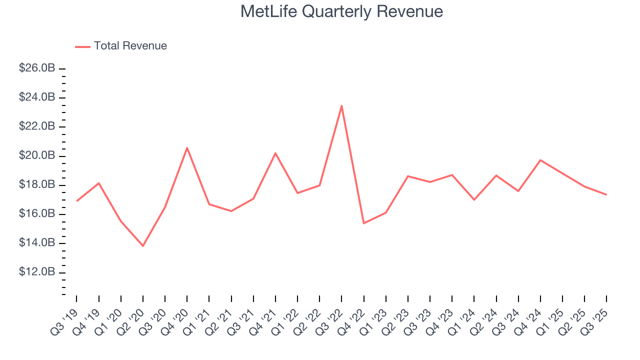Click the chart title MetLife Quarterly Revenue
[x=341, y=11]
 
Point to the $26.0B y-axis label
[x=36, y=68]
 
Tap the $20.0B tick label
[x=36, y=155]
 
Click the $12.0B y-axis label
[x=36, y=272]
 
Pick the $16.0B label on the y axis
[x=36, y=214]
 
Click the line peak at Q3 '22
[x=341, y=105]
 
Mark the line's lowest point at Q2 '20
[x=143, y=246]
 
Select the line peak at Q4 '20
[x=187, y=147]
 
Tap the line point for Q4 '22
[x=363, y=223]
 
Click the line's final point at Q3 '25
[x=606, y=194]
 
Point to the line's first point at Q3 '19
[x=76, y=201]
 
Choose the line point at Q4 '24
[x=540, y=160]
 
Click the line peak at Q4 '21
[x=275, y=153]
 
